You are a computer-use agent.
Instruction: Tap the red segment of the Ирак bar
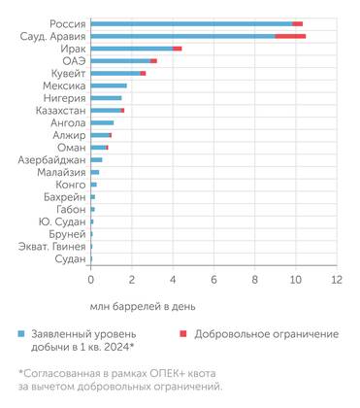click(178, 48)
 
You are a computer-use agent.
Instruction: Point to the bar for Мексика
click(109, 85)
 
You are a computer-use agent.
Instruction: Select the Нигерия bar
click(106, 98)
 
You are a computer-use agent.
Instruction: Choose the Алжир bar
click(100, 135)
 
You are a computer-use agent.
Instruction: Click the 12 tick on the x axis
click(336, 280)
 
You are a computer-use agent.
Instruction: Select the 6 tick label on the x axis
click(213, 280)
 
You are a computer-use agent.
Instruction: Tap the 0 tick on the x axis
click(90, 280)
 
